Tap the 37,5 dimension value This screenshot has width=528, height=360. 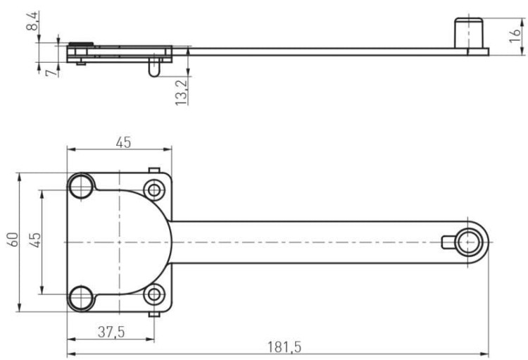click(x=111, y=332)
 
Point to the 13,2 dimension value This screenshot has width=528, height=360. click(x=181, y=93)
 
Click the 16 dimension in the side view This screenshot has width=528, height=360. click(x=515, y=36)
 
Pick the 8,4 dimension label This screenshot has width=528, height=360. click(x=32, y=21)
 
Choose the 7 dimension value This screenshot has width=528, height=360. click(x=51, y=73)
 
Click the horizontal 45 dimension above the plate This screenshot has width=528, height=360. click(x=123, y=142)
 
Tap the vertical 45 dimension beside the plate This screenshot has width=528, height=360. click(x=35, y=240)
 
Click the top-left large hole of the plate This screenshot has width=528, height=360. click(x=81, y=186)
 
